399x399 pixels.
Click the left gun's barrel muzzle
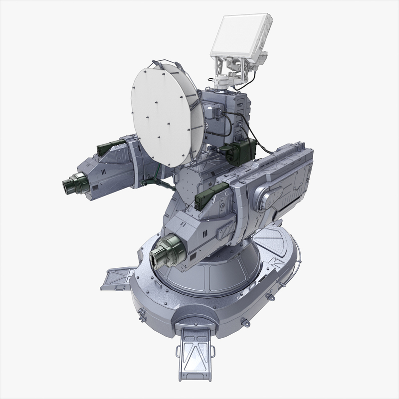click(x=70, y=185)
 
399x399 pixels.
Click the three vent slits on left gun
click(x=102, y=172)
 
